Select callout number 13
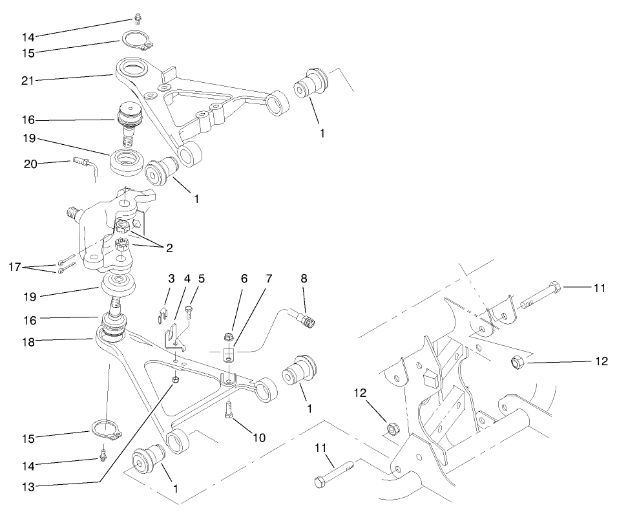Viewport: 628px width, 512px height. (26, 485)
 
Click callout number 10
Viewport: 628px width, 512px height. (259, 438)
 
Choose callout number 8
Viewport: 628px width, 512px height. (304, 280)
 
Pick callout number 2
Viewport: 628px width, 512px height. (169, 247)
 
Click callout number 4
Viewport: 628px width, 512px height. (187, 280)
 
